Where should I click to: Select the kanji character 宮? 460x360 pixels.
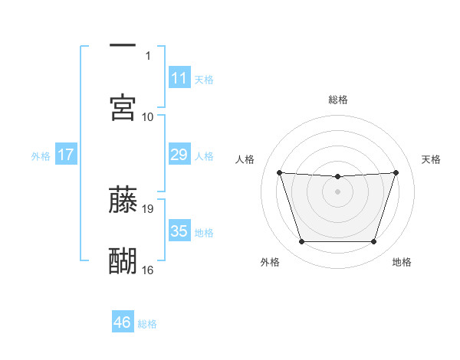[x=123, y=107]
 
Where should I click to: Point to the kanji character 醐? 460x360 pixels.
[x=123, y=260]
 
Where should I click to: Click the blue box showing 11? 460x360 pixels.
[x=179, y=78]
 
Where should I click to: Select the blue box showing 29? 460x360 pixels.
[x=179, y=155]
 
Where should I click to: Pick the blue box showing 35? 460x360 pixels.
[x=179, y=231]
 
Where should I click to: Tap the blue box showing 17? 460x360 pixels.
[x=65, y=155]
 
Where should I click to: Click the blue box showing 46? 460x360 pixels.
[x=123, y=322]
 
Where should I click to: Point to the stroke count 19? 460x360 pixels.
[x=148, y=208]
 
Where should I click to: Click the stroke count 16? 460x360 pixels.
[x=148, y=270]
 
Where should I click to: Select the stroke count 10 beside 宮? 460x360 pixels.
[x=148, y=116]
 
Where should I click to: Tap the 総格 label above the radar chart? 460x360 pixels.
[x=338, y=100]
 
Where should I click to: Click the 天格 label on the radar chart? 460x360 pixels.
[x=431, y=159]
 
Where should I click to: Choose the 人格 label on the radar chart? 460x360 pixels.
[x=246, y=159]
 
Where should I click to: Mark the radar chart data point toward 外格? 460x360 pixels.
[x=301, y=242]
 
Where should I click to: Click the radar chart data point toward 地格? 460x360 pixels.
[x=374, y=242]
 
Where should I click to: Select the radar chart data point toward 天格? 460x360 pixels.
[x=396, y=172]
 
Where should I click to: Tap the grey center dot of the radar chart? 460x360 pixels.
[x=338, y=191]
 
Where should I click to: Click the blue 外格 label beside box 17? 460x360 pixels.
[x=41, y=156]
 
